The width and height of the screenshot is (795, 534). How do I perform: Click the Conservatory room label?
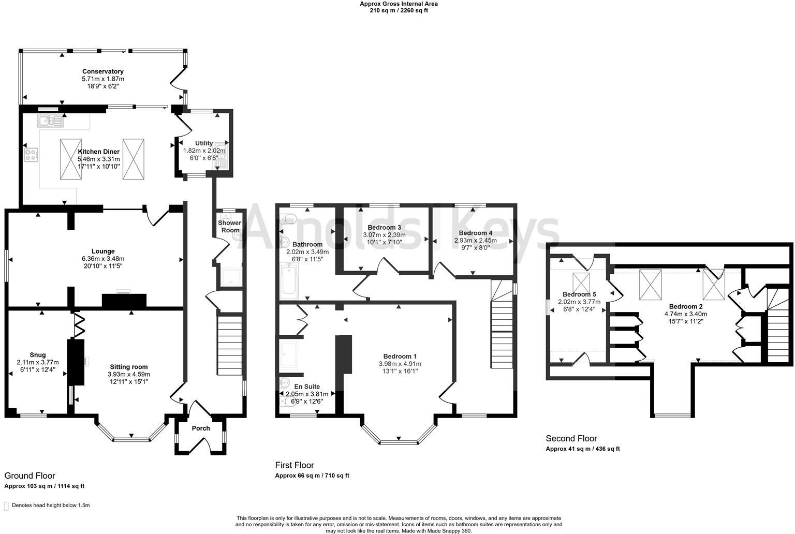(x=103, y=71)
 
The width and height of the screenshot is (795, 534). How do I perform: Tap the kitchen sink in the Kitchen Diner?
(x=50, y=122)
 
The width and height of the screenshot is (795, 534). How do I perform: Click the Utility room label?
(x=204, y=143)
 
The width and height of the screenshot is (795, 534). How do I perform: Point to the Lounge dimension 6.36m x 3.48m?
(x=102, y=259)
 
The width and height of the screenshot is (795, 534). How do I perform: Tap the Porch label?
(x=201, y=428)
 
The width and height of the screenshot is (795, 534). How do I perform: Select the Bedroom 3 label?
(x=384, y=227)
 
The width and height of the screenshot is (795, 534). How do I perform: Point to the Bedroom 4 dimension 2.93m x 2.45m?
(x=475, y=241)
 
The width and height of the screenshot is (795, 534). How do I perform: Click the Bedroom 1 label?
(x=400, y=356)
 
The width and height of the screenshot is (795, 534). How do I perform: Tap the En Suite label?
(x=307, y=387)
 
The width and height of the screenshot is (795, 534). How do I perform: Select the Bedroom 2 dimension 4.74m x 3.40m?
(x=685, y=314)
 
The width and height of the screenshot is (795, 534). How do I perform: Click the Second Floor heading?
(x=571, y=438)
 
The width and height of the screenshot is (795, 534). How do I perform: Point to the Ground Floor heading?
(x=30, y=476)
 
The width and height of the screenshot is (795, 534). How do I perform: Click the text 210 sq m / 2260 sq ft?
(x=399, y=10)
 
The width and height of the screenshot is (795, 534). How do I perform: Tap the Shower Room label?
(x=229, y=227)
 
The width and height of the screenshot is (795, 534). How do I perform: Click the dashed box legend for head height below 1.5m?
(x=6, y=506)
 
